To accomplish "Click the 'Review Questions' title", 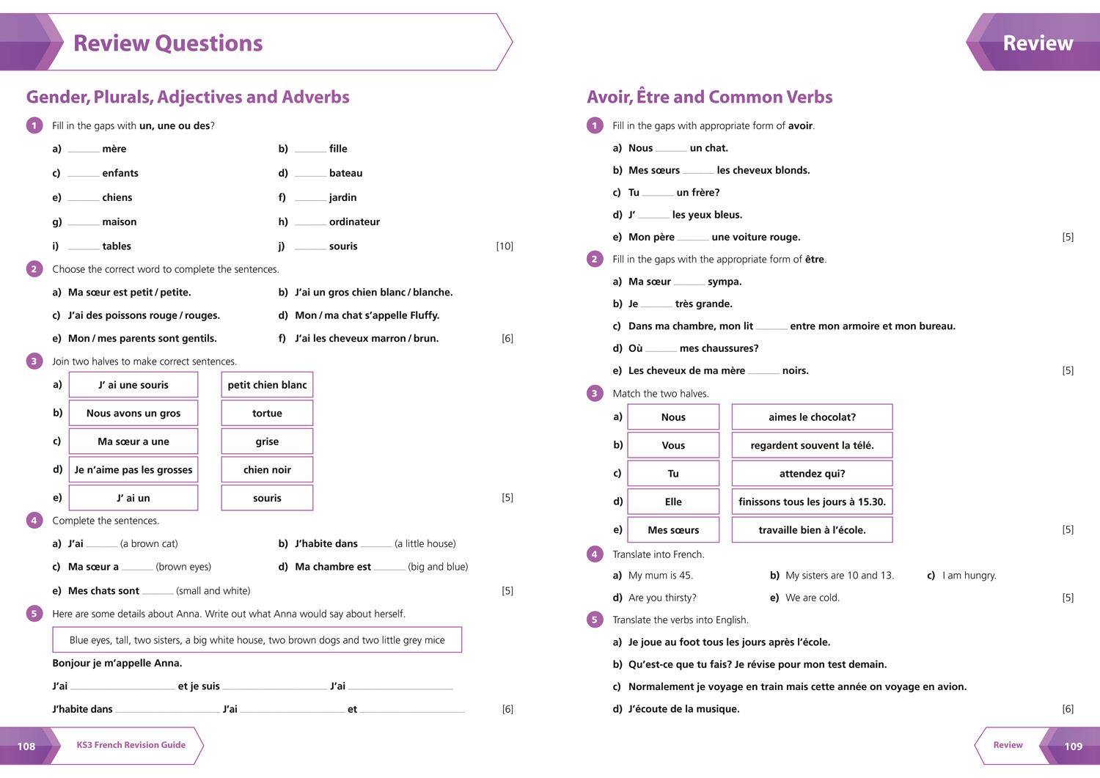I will (168, 43).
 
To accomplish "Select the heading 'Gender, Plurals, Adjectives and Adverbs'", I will (188, 97).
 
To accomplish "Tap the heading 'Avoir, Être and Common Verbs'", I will (709, 97).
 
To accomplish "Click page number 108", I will (26, 746).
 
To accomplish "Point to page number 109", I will (1073, 746).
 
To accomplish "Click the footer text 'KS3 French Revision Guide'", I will (131, 745).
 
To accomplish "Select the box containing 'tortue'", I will (267, 413).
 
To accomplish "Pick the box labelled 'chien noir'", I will (267, 469).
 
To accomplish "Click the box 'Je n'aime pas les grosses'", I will (133, 469).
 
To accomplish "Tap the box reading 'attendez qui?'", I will (812, 474).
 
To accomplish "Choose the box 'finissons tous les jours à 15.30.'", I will (812, 502).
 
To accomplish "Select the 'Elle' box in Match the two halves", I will (673, 502).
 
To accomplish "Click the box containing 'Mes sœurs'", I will (673, 529).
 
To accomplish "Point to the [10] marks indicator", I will (505, 246).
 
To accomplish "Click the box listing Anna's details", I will (257, 639).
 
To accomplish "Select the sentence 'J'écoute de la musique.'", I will (683, 708).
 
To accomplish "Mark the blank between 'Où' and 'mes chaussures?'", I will (661, 350).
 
